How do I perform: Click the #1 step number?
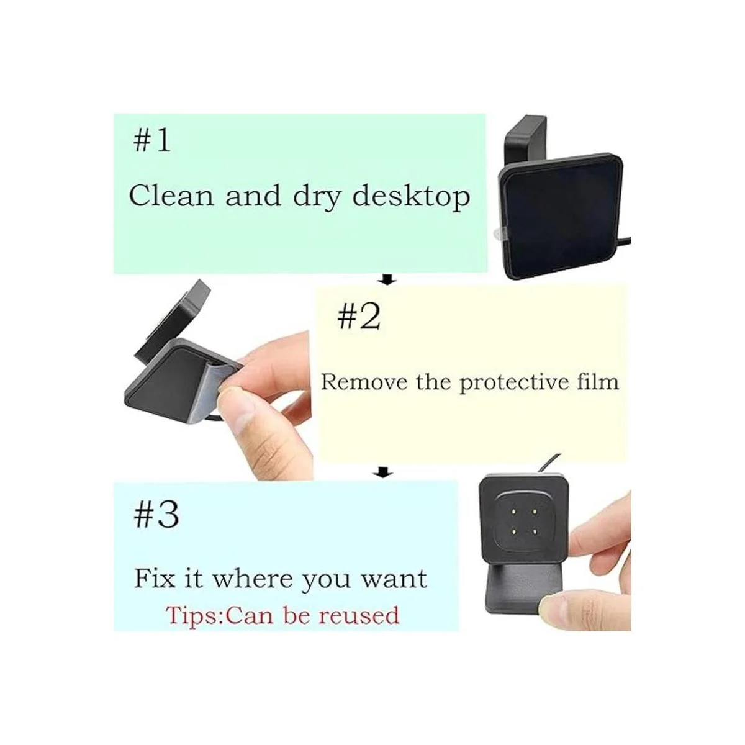[151, 141]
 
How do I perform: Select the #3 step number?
[156, 516]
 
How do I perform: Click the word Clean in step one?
[171, 196]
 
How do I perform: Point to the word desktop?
[412, 197]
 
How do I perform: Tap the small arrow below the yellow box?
[384, 472]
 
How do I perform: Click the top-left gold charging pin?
[513, 512]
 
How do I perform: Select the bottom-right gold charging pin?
[535, 532]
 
